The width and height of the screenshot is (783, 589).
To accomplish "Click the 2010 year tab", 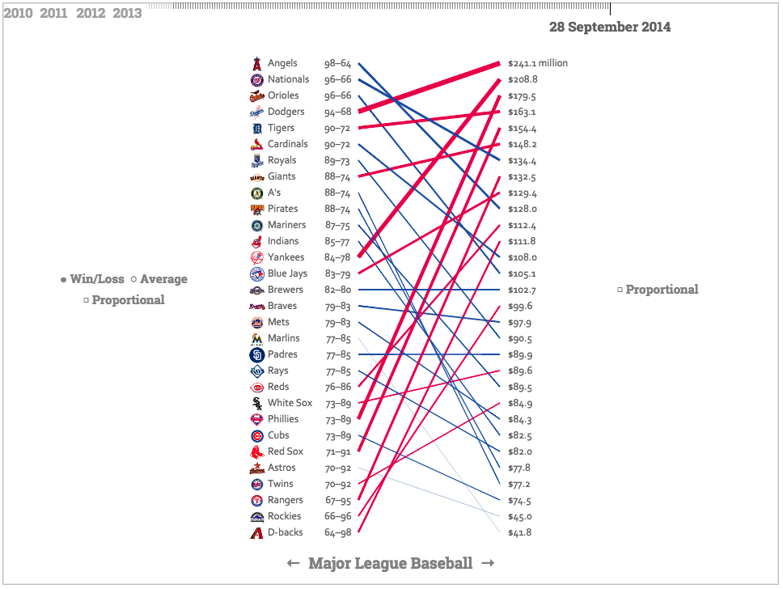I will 18,13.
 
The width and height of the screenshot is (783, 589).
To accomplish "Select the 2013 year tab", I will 127,13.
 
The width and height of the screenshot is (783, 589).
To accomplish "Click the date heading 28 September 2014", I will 610,27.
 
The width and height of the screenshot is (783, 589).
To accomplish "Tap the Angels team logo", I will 256,63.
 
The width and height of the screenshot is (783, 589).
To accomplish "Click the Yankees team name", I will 286,257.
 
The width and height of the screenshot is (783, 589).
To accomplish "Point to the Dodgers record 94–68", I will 337,112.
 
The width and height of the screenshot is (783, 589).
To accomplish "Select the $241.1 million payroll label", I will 538,63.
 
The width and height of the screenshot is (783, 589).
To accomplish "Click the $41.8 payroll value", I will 520,532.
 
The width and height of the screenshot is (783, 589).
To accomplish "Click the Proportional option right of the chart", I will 658,290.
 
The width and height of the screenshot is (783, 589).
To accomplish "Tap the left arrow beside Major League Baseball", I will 294,563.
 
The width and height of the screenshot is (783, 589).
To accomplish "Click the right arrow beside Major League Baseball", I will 488,563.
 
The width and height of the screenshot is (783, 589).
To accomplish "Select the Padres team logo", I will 256,354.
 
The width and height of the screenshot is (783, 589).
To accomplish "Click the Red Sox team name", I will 286,451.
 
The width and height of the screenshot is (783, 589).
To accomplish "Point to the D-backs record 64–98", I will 337,532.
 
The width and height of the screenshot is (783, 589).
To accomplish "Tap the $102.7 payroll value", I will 523,290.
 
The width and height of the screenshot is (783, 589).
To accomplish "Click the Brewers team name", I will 286,290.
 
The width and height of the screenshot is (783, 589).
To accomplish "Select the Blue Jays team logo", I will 256,273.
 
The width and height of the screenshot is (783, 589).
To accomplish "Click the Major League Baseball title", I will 390,563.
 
